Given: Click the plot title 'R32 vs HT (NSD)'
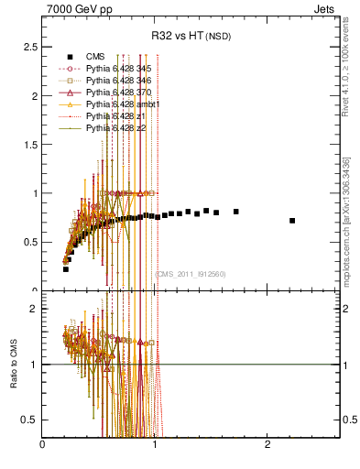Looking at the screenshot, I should click(x=192, y=37).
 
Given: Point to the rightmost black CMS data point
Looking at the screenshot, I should click(x=292, y=221).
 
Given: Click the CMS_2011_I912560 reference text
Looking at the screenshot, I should click(x=191, y=274).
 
